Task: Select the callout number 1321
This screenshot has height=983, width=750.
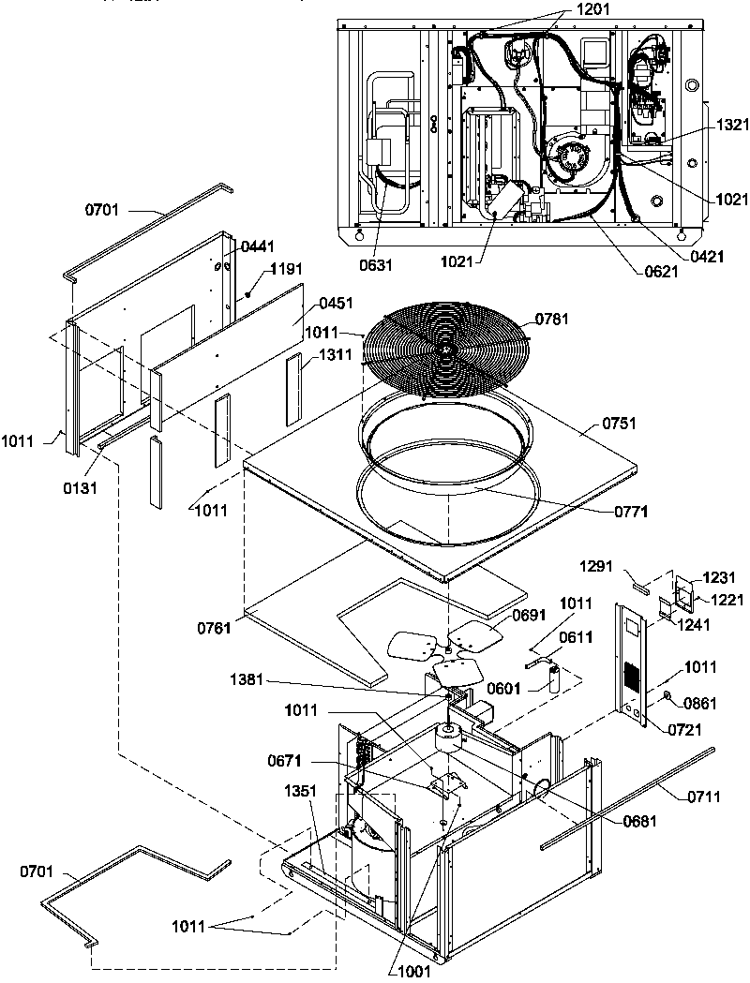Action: pyautogui.click(x=732, y=125)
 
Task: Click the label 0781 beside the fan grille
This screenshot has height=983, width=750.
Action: pyautogui.click(x=556, y=320)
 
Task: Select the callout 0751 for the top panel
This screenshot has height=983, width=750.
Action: pyautogui.click(x=619, y=424)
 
